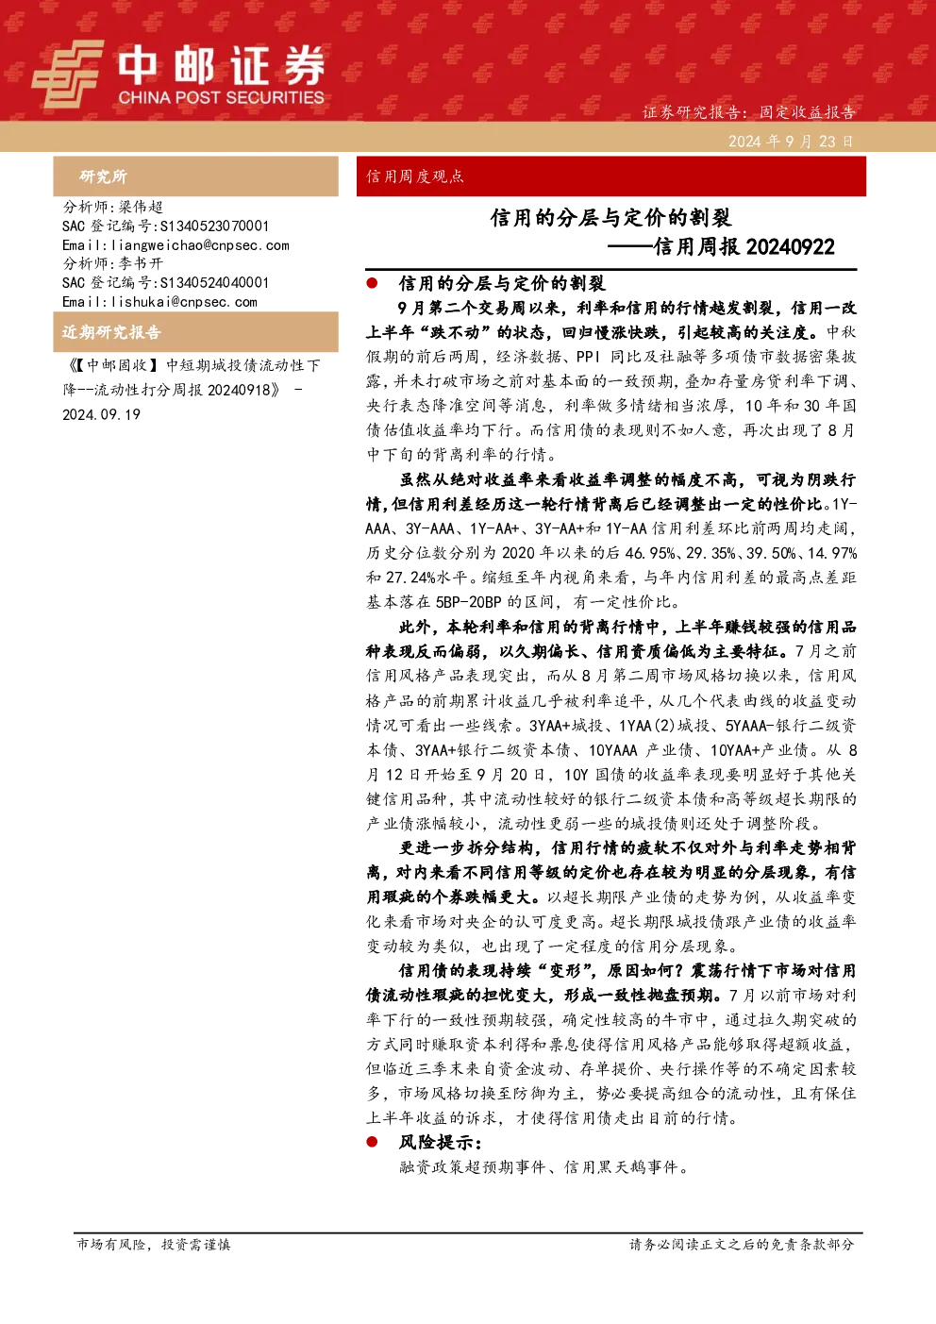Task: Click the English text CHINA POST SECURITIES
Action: (x=221, y=97)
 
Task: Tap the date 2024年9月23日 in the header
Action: (x=791, y=142)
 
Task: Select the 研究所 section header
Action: (x=103, y=176)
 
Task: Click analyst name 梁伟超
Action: (x=141, y=207)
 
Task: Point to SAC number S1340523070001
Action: (x=214, y=226)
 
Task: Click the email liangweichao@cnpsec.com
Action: (x=200, y=245)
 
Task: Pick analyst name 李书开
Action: (x=141, y=263)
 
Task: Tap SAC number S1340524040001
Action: (x=214, y=282)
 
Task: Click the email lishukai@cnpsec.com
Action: (x=184, y=302)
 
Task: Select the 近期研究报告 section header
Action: (x=111, y=332)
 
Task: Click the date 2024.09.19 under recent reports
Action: (x=102, y=414)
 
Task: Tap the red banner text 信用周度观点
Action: (x=415, y=176)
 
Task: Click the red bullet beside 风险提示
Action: (x=372, y=1141)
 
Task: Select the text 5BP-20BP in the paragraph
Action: (x=469, y=602)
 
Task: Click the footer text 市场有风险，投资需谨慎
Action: (x=154, y=1244)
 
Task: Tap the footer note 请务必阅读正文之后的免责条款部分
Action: (x=742, y=1244)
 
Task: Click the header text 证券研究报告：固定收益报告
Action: (x=748, y=111)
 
